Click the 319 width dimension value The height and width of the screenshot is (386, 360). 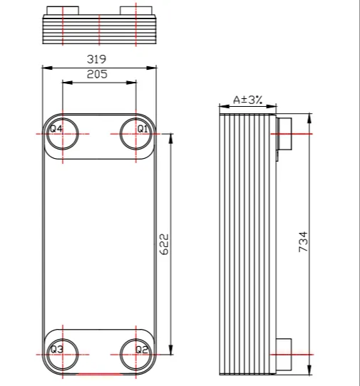[96, 59]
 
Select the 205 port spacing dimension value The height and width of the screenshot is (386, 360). [97, 74]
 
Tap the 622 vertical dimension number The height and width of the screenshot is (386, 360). [164, 244]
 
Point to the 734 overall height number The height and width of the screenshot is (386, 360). [303, 241]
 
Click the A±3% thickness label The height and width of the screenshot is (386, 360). [247, 100]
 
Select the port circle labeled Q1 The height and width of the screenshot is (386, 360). [135, 134]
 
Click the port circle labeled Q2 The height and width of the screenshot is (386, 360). [135, 355]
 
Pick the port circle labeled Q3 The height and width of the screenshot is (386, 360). [63, 355]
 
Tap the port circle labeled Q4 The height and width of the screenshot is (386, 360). [63, 134]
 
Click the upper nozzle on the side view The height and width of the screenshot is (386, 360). [284, 134]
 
